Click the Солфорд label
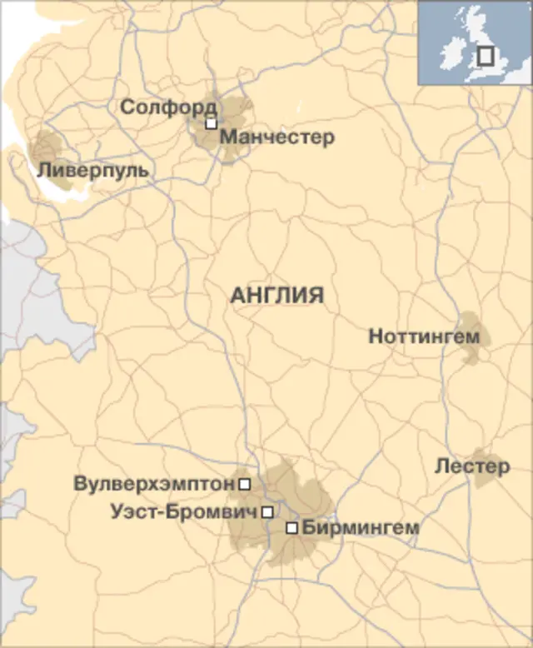(168, 107)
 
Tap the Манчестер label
(277, 137)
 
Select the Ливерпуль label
(93, 170)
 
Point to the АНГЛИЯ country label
(276, 295)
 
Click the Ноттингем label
(424, 336)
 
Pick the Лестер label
(471, 466)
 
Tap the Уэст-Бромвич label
(183, 512)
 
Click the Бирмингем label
(361, 527)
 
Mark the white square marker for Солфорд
(212, 123)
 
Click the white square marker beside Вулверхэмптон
(245, 483)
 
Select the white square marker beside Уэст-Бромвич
(266, 512)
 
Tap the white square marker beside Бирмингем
(291, 528)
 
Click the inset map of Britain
(475, 42)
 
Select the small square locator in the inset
(486, 56)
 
